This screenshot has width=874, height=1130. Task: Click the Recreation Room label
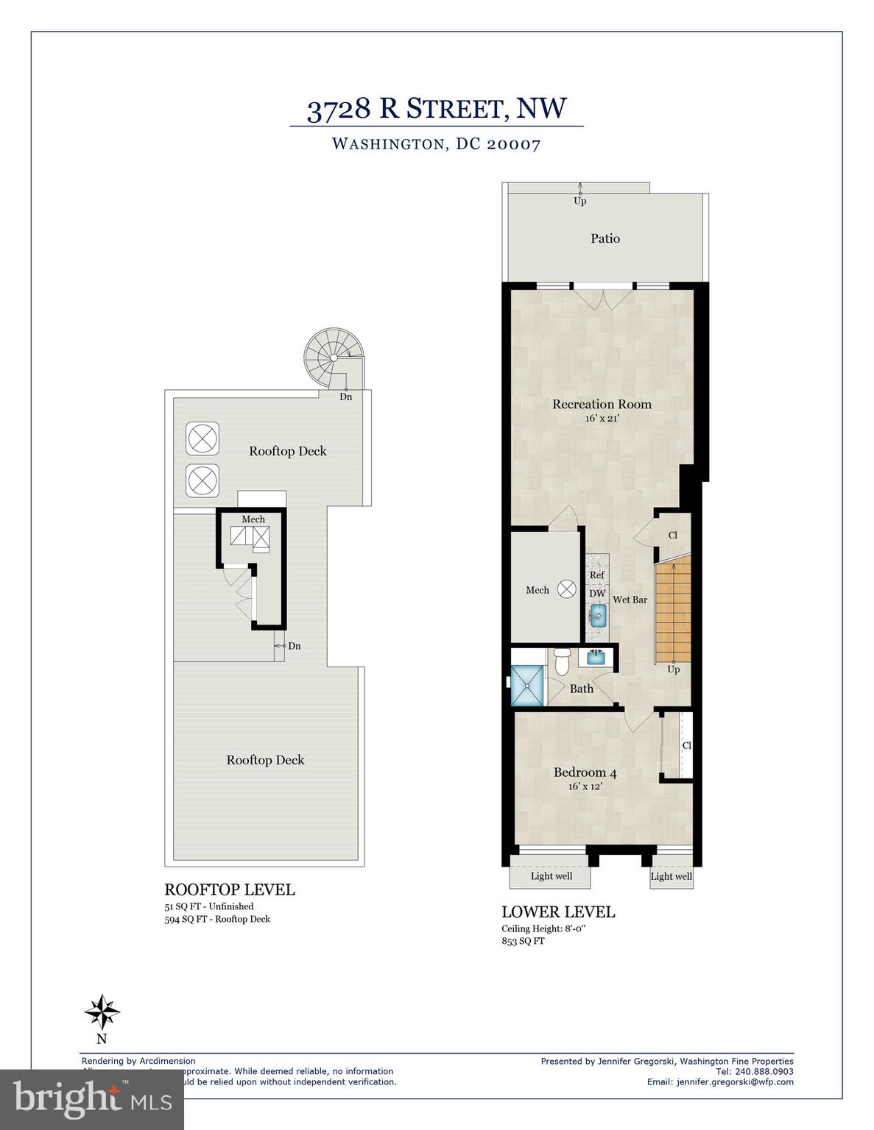(x=602, y=404)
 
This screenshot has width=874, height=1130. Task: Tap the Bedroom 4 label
(x=585, y=772)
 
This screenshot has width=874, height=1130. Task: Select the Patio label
(x=605, y=238)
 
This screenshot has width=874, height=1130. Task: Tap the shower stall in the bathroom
(x=529, y=686)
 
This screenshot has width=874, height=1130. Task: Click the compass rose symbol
(x=102, y=1012)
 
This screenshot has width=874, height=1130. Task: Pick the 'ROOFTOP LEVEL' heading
(x=229, y=889)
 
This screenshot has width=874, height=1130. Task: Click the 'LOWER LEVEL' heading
(x=558, y=912)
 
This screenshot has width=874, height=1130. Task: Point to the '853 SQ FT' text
(x=523, y=941)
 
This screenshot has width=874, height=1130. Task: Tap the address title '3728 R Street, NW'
(x=437, y=109)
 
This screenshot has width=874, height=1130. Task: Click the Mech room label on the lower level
(x=537, y=590)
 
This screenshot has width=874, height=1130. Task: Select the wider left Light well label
(x=551, y=876)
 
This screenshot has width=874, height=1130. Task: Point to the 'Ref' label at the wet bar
(x=596, y=575)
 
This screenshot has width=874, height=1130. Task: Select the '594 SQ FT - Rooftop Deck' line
(x=217, y=919)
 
